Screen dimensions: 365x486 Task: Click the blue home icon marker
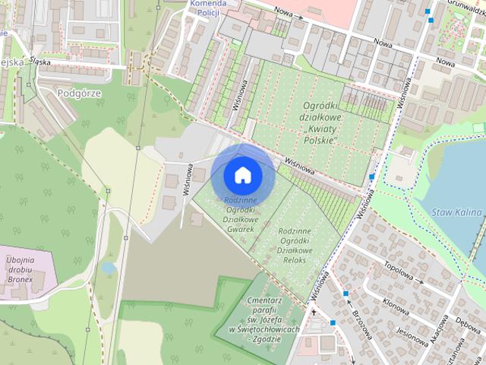[x=242, y=175]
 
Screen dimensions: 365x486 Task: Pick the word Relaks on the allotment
[x=295, y=260]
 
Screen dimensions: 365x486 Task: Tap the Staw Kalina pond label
[x=453, y=214]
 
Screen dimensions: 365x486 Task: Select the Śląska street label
[x=37, y=63]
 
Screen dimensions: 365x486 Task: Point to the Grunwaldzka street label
[x=462, y=9]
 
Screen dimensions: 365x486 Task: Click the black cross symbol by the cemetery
[x=313, y=312]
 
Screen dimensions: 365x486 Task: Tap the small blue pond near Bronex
[x=109, y=268]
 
